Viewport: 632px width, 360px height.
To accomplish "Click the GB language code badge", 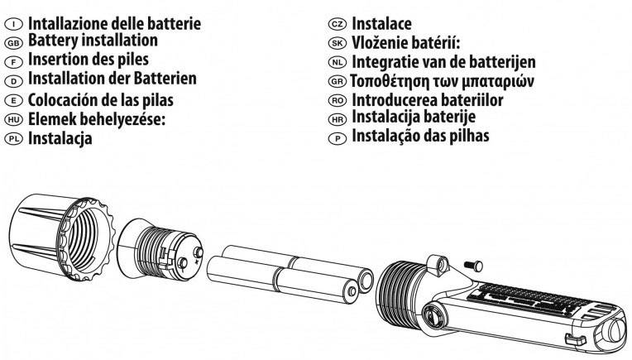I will [x=13, y=41].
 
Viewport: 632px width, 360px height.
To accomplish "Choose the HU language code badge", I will [x=13, y=120].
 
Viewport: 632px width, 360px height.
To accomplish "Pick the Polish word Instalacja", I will [x=60, y=139].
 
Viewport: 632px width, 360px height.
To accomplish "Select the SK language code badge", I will [x=335, y=43].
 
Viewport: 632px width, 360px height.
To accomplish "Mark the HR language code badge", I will [x=335, y=120].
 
